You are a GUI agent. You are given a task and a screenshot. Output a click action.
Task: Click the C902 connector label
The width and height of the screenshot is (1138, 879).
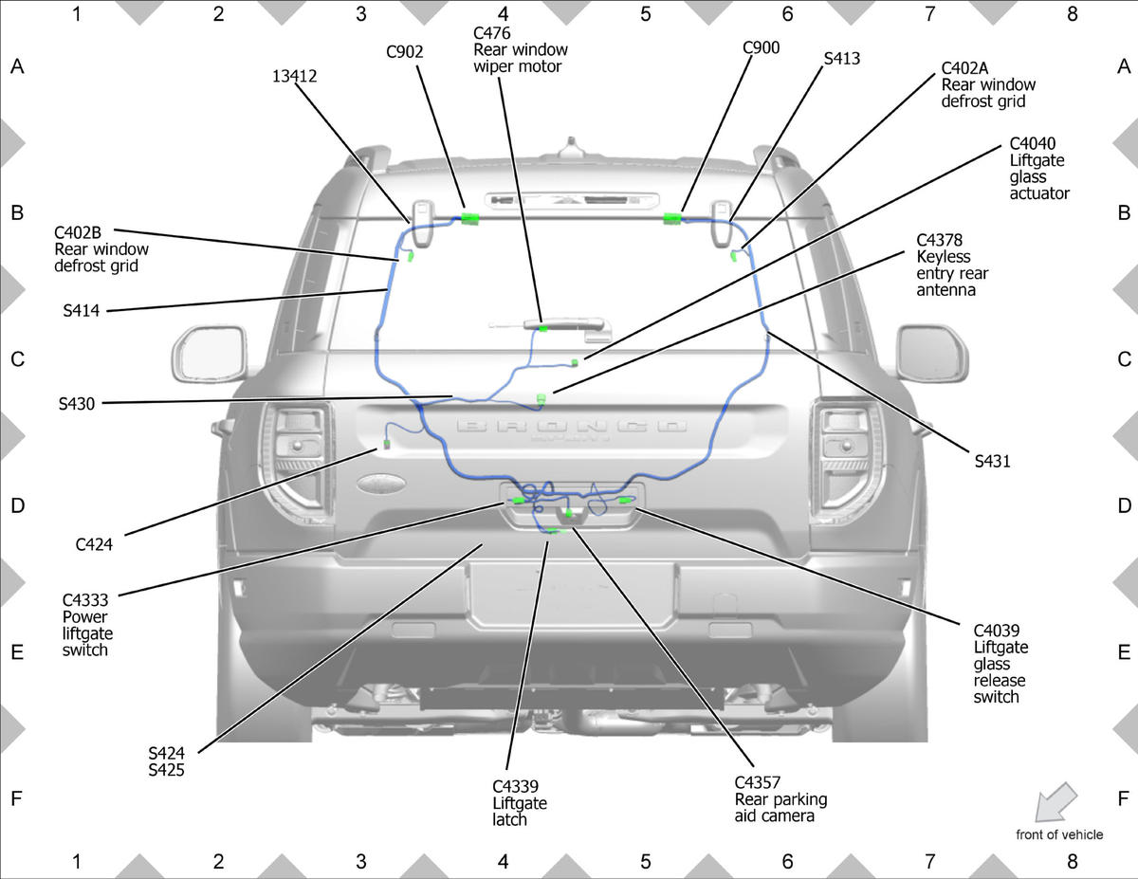pos(404,52)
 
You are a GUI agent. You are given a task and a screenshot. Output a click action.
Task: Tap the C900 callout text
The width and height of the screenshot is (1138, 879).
pos(761,47)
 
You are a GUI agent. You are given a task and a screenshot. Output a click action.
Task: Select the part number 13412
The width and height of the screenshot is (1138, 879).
pos(294,77)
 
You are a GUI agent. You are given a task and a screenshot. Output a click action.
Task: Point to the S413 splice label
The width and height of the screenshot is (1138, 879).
pos(841,58)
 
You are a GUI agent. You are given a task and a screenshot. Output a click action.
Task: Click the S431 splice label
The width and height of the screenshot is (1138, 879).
pos(992,461)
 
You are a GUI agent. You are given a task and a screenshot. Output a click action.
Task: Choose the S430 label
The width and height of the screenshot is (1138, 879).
pos(77,404)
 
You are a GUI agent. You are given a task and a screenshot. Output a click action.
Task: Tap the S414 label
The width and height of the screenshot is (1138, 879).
pos(82,310)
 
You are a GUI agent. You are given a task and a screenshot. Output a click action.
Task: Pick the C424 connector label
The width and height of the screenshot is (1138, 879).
pos(94,544)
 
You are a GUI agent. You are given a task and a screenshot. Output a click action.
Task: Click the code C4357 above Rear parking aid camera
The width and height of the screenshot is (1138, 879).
pos(758,782)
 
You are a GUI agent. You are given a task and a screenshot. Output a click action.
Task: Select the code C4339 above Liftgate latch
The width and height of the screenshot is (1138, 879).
pos(515,786)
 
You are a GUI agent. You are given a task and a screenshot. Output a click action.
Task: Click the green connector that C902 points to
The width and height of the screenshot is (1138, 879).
pos(470,219)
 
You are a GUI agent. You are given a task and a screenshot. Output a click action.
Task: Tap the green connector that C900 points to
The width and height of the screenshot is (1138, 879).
pos(672,218)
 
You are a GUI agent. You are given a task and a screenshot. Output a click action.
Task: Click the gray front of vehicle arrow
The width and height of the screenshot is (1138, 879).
pos(1055,802)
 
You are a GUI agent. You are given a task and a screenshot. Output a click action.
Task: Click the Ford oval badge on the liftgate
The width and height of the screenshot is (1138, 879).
pos(380,483)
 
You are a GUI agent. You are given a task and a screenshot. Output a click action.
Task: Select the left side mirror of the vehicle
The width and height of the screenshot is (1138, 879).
pos(210,355)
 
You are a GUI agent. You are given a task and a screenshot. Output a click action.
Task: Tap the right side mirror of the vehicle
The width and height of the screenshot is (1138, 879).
pos(932,354)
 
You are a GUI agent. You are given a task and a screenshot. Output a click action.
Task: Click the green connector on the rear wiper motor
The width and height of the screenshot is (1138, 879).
pos(543,329)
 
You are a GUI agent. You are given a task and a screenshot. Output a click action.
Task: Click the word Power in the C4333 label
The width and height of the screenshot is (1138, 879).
pos(84,616)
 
